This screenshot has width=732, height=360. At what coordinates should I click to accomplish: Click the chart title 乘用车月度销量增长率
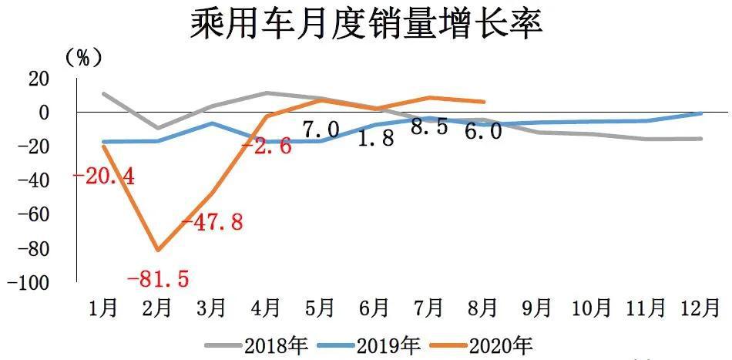(367, 24)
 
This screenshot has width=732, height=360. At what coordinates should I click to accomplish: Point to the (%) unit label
(84, 57)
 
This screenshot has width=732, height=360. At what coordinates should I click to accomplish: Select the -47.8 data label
(212, 223)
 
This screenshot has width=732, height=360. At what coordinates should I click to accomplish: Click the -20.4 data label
(104, 177)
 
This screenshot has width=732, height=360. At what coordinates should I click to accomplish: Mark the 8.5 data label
(429, 127)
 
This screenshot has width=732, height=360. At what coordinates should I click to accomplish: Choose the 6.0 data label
(483, 132)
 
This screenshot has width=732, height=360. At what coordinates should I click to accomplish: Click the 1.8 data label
(375, 139)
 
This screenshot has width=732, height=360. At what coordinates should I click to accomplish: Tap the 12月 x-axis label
(700, 308)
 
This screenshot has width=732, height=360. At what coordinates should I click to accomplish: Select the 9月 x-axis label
(537, 308)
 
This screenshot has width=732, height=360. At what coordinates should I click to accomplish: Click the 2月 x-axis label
(158, 308)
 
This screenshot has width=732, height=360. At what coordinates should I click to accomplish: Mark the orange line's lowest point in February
(158, 250)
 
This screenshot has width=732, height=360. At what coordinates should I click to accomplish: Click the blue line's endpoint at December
(700, 113)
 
